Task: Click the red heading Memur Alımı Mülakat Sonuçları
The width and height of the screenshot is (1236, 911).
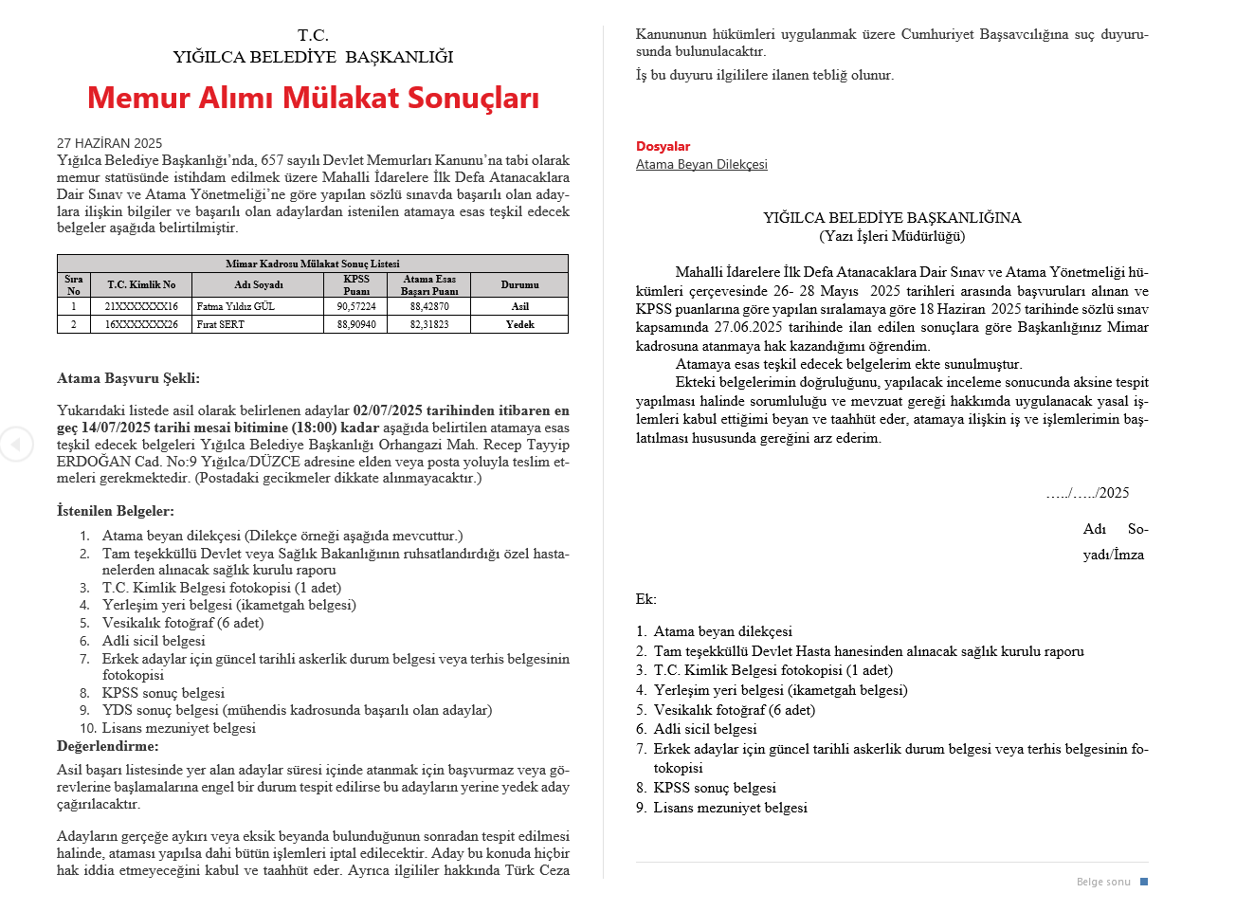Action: tap(313, 98)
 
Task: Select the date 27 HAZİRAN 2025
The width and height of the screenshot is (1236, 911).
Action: tap(109, 143)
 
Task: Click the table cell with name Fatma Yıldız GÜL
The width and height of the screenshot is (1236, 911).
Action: tap(236, 306)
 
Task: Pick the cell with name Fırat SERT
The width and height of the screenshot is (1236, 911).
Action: tap(221, 324)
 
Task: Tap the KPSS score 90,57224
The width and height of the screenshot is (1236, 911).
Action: tap(356, 306)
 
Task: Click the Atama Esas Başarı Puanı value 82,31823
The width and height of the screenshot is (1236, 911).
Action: tap(429, 324)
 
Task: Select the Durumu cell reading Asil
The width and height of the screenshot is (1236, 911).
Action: tap(519, 306)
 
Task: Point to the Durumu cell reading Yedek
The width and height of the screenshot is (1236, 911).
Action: tap(519, 324)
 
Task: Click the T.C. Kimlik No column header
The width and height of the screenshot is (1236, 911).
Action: tap(141, 284)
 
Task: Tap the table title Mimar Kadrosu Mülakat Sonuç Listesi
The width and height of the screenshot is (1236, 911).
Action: tap(313, 264)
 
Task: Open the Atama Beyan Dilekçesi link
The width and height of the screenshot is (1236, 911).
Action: tap(701, 164)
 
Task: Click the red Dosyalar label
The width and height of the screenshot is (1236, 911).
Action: tap(663, 146)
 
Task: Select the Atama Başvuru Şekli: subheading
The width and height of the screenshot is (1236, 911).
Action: tap(128, 378)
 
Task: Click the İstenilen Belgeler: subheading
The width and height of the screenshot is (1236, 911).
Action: tap(116, 511)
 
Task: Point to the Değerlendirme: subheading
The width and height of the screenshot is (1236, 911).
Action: tap(108, 746)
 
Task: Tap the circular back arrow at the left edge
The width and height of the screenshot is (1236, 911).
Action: tap(15, 444)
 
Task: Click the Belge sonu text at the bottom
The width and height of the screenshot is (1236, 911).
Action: tap(1103, 882)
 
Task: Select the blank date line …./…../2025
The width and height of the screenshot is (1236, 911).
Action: tap(1087, 493)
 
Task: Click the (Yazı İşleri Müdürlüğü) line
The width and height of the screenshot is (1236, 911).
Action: tap(892, 236)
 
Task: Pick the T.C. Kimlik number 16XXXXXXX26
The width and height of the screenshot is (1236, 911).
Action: tap(141, 324)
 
